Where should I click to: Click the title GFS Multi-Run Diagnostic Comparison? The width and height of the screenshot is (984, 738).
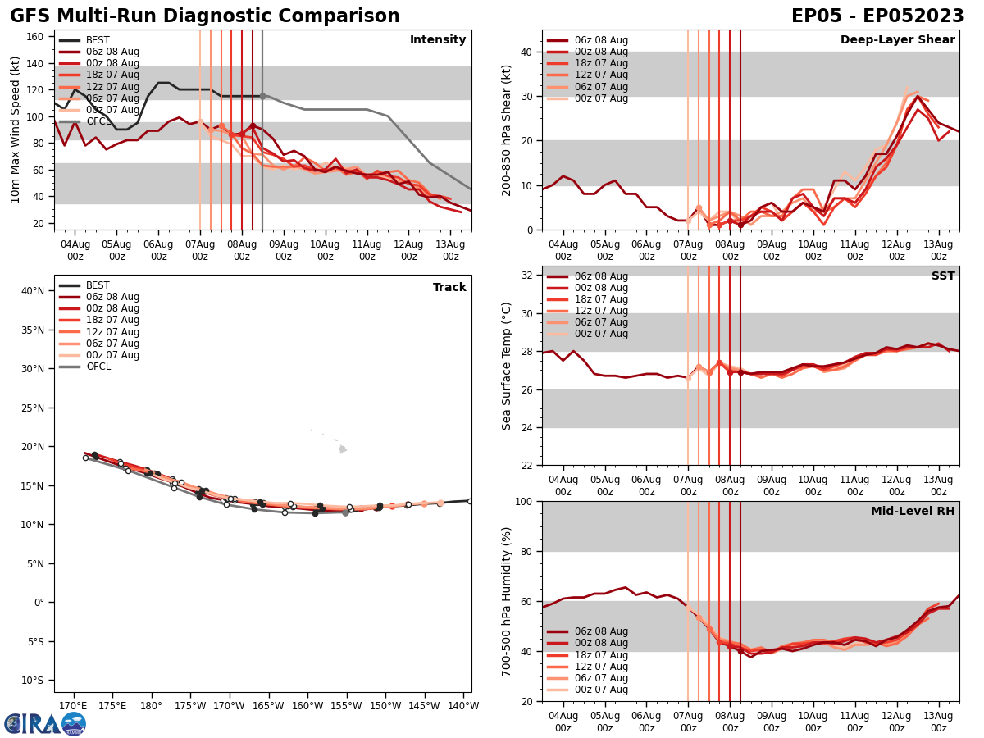click(204, 16)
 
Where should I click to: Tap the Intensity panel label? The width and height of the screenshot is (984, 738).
click(438, 40)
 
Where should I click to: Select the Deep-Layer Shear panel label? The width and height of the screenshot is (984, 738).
click(897, 40)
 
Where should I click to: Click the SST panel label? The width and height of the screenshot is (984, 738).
click(943, 276)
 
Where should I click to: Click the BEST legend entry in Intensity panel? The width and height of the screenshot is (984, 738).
click(98, 40)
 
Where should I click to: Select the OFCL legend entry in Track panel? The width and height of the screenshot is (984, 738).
click(98, 367)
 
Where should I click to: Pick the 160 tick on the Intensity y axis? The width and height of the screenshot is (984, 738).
click(37, 37)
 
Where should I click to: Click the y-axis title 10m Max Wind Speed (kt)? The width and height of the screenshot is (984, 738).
click(16, 130)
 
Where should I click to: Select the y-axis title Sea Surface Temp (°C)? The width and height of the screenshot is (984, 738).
click(507, 366)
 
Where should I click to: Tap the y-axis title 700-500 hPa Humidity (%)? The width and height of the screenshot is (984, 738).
click(507, 601)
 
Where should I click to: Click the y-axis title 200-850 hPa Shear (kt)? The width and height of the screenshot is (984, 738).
click(507, 130)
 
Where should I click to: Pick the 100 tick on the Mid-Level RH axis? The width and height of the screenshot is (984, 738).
click(524, 501)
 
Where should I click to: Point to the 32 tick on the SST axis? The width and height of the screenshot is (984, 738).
click(527, 276)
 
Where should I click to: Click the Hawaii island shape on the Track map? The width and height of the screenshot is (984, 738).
click(343, 449)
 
